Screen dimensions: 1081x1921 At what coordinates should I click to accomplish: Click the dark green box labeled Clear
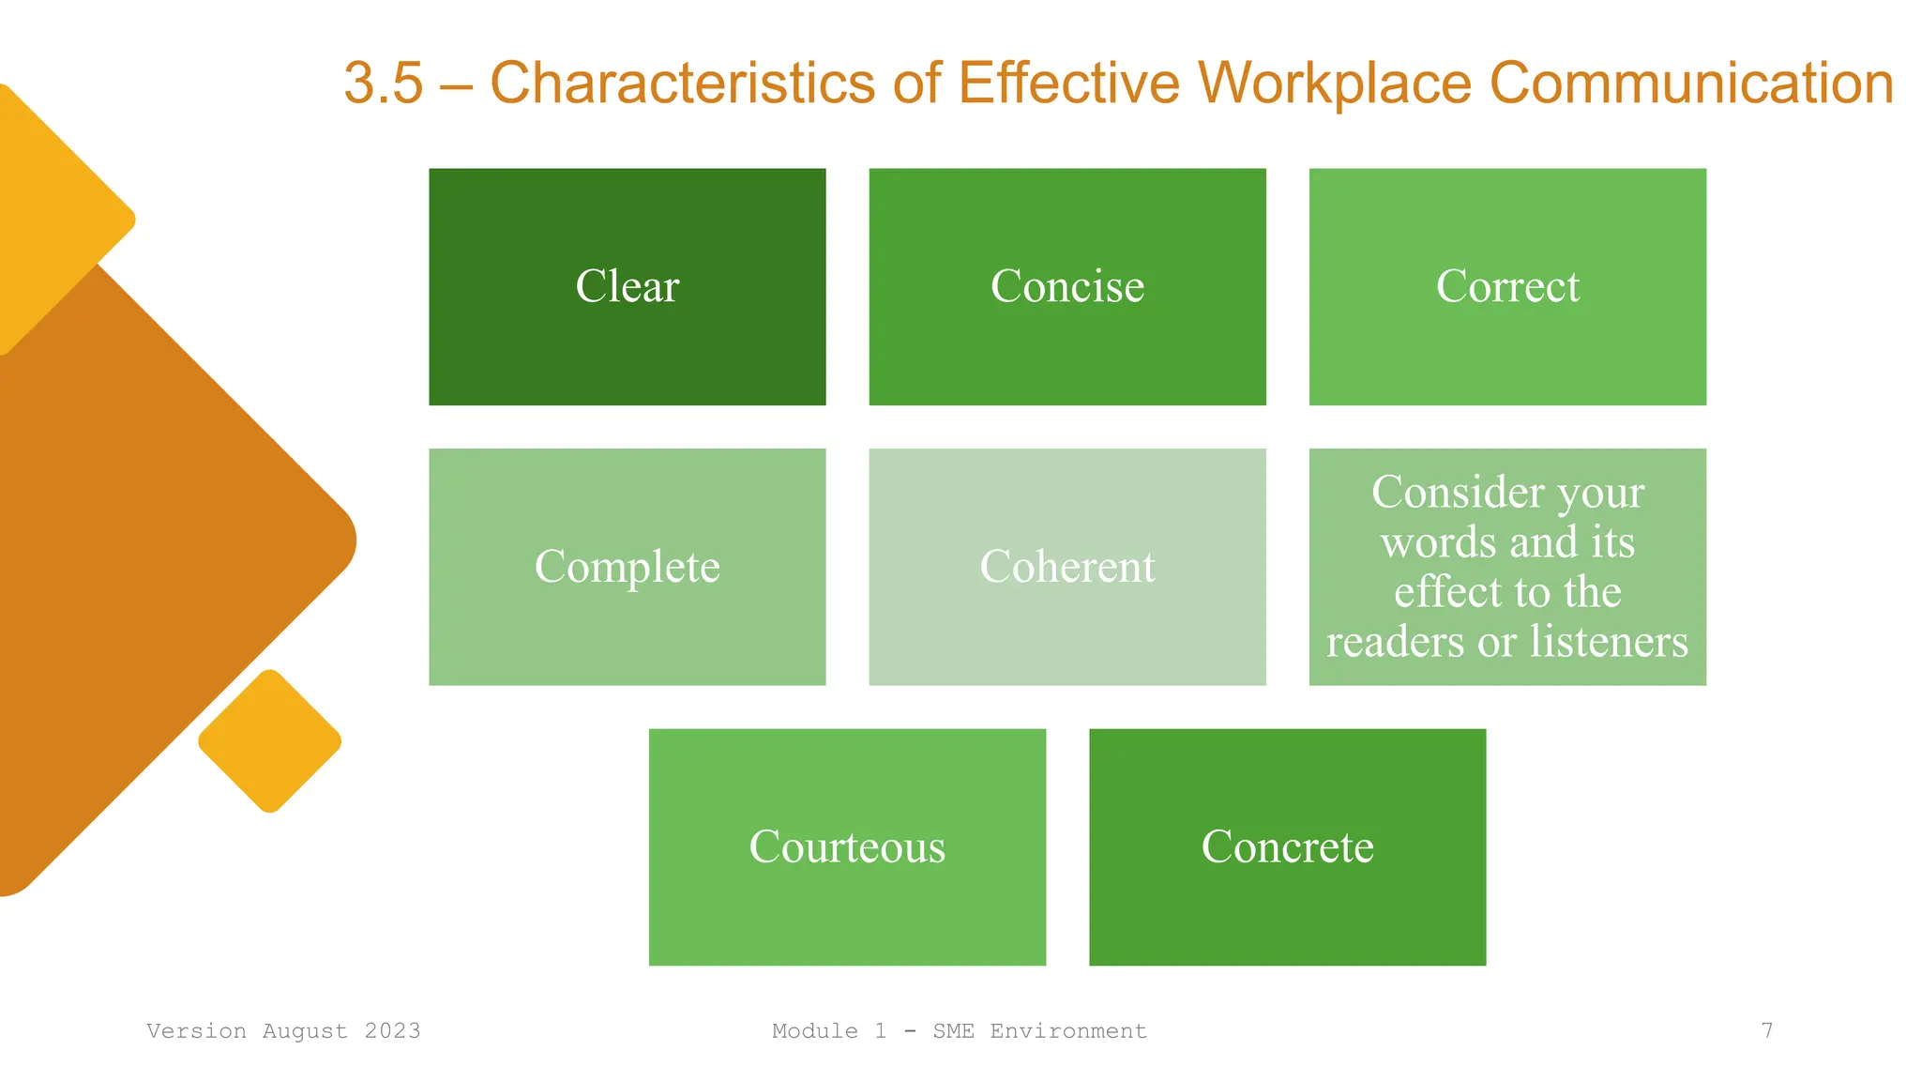pos(627,286)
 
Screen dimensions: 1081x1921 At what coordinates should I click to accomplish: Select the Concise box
pos(1066,286)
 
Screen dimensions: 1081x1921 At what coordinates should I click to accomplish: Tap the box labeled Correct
pos(1506,286)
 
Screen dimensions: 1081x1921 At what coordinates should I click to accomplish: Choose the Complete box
pos(627,567)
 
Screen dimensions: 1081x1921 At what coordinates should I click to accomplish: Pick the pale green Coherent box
pos(1066,567)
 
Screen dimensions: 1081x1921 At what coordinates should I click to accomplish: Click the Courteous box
pos(846,846)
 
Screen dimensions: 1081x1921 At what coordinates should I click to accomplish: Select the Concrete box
pos(1287,846)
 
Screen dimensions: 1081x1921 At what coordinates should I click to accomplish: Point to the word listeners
pos(1609,642)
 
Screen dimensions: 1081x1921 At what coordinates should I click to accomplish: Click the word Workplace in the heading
pos(1335,83)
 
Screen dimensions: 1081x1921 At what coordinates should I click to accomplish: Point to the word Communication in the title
pos(1691,83)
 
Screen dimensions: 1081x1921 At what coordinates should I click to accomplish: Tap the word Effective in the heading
pos(1068,83)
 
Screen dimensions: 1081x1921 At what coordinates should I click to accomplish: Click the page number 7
pos(1767,1031)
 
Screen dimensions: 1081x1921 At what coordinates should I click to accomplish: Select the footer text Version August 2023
pos(283,1031)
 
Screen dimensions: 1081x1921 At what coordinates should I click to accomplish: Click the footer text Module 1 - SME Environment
pos(959,1031)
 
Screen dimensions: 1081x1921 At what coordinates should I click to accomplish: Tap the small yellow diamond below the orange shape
pos(270,741)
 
